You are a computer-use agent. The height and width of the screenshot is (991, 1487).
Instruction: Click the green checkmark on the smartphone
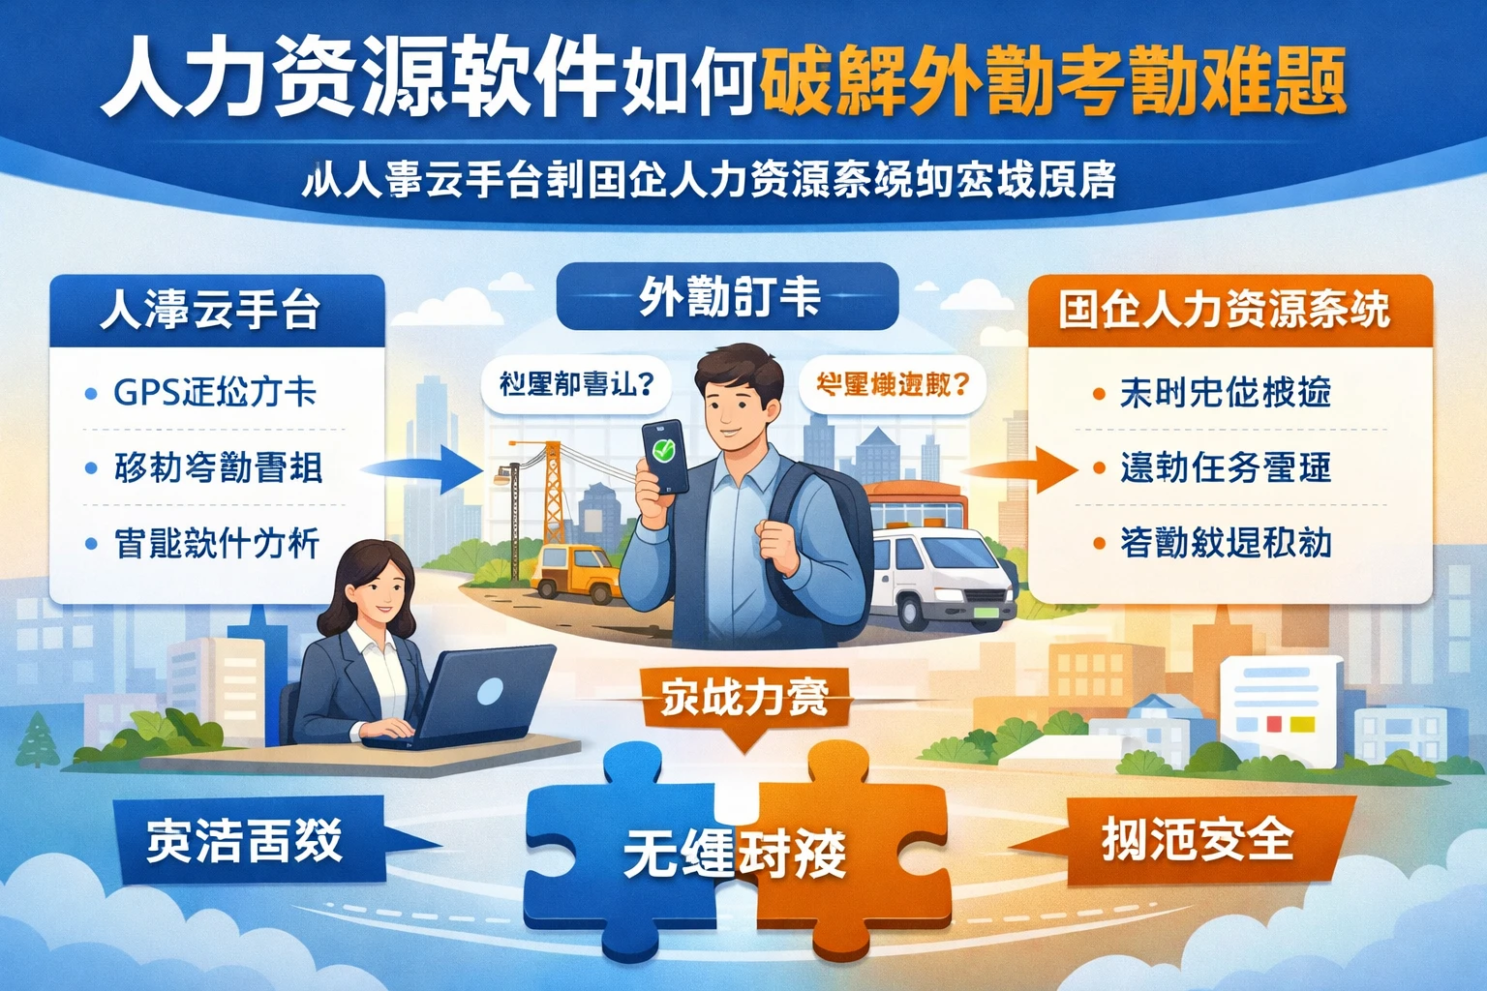663,450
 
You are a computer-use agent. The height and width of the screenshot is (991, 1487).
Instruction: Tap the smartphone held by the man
665,456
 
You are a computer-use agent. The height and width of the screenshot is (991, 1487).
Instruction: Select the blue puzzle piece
620,852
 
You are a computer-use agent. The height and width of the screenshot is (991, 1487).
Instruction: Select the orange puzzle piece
852,852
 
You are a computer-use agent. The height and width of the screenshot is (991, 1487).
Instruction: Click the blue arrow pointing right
426,468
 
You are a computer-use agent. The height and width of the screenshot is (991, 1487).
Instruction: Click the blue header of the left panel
217,310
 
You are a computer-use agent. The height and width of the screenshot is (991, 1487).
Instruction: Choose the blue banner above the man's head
728,296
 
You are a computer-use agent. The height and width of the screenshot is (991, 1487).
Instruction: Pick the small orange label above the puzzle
744,699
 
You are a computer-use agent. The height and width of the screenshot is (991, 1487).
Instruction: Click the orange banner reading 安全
1200,840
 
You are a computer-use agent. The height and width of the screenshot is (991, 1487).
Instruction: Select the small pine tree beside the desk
39,740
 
